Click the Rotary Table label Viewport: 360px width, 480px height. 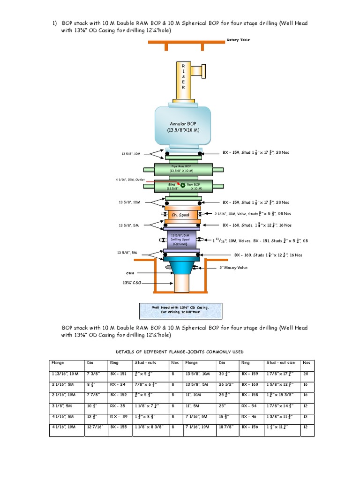tap(238, 40)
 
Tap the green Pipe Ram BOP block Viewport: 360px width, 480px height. tap(183, 169)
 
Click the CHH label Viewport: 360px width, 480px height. tap(130, 272)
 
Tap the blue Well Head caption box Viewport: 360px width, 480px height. tap(180, 310)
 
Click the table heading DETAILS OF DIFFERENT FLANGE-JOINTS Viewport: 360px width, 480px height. tap(180, 352)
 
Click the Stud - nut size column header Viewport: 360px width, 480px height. tap(280, 362)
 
